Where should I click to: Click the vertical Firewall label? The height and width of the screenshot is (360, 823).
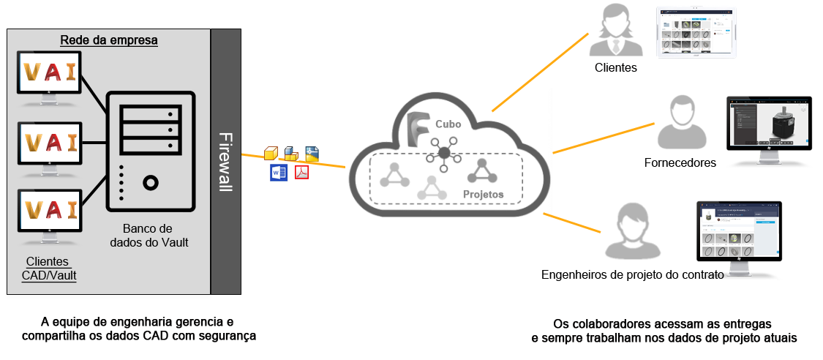pos(225,162)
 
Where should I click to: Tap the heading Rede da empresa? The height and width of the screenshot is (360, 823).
pos(109,40)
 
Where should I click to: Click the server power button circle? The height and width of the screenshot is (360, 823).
pos(151,181)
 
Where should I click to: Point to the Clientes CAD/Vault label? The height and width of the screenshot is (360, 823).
pos(48,269)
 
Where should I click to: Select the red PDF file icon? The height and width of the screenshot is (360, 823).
pos(301,173)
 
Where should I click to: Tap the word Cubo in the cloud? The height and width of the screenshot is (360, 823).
pos(448,124)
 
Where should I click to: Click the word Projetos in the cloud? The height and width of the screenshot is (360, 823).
pos(483,195)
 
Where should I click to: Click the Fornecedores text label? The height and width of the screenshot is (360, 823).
pos(680,162)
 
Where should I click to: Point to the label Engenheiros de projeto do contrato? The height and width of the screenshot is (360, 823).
pos(632,275)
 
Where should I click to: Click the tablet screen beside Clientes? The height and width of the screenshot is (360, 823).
pos(696,33)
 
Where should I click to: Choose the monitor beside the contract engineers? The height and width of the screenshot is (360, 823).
pos(738,231)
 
